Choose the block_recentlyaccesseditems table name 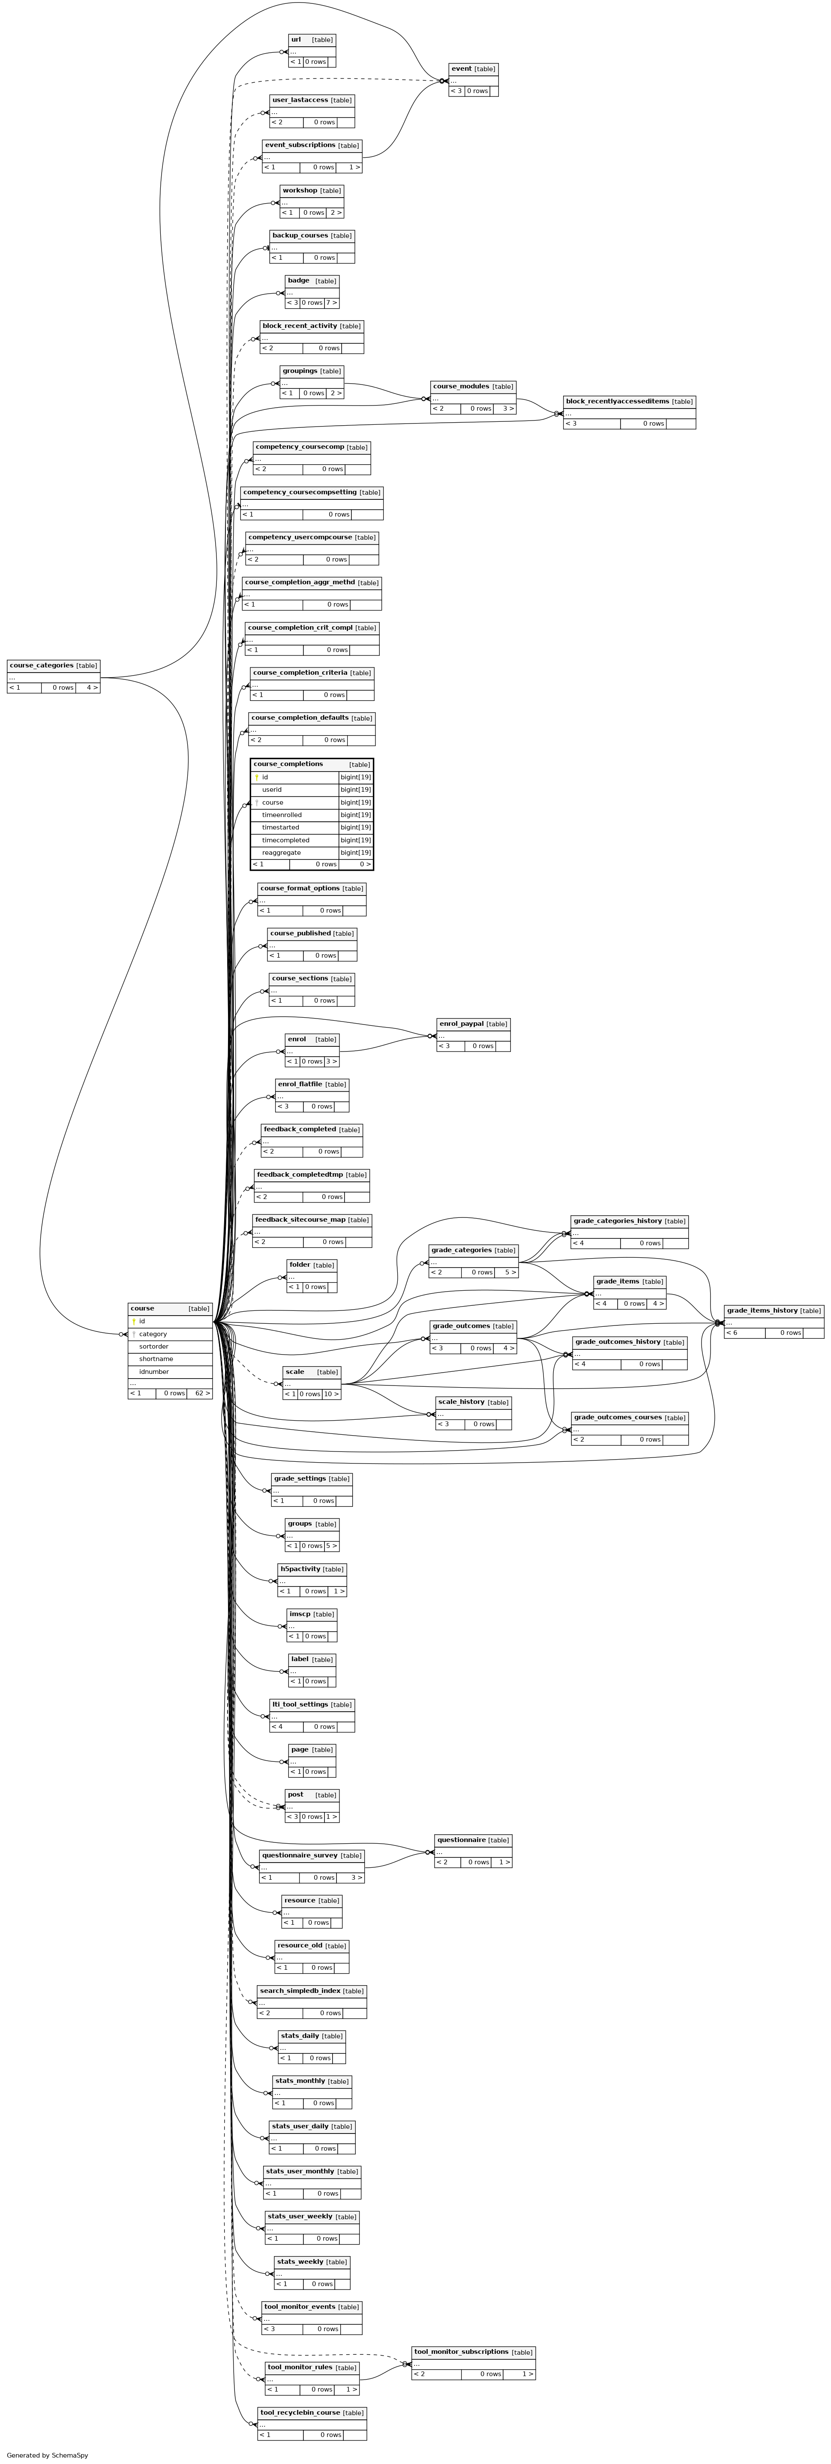coord(617,401)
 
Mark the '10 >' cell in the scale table coord(331,1394)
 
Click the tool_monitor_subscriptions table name coord(461,2351)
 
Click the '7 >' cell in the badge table coord(331,302)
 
